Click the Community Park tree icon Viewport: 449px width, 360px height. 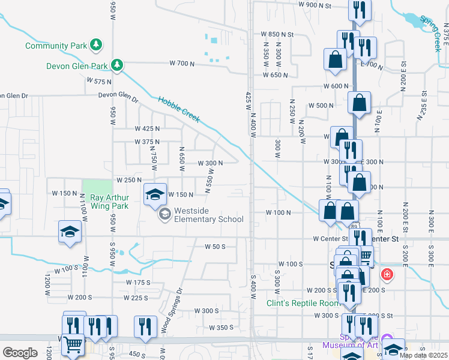[95, 45]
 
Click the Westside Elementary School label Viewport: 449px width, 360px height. [208, 215]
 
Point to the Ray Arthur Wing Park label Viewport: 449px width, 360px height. [110, 202]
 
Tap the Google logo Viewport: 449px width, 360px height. [20, 353]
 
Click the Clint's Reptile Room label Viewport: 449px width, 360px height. [298, 302]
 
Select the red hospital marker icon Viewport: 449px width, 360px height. [388, 275]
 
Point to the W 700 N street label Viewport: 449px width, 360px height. [182, 63]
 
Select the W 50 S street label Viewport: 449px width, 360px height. [214, 247]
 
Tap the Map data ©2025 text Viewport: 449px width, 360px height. [423, 355]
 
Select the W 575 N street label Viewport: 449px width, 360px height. [99, 80]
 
